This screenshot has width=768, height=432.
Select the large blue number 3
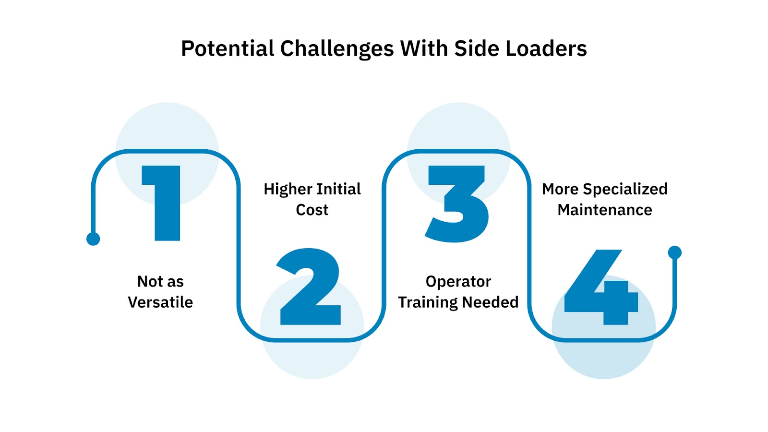pyautogui.click(x=457, y=204)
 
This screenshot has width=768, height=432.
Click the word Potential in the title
pyautogui.click(x=227, y=48)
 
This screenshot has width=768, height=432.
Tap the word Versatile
pyautogui.click(x=160, y=302)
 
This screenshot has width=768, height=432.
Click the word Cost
pyautogui.click(x=312, y=210)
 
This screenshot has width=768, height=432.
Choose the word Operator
pyautogui.click(x=458, y=282)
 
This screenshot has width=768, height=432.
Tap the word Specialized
pyautogui.click(x=625, y=189)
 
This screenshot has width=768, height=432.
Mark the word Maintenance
pyautogui.click(x=605, y=210)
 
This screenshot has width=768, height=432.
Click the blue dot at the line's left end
pyautogui.click(x=93, y=239)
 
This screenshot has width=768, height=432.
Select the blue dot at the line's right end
pyautogui.click(x=675, y=252)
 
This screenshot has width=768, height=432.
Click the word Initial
pyautogui.click(x=339, y=189)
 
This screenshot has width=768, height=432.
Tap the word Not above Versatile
pyautogui.click(x=150, y=281)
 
